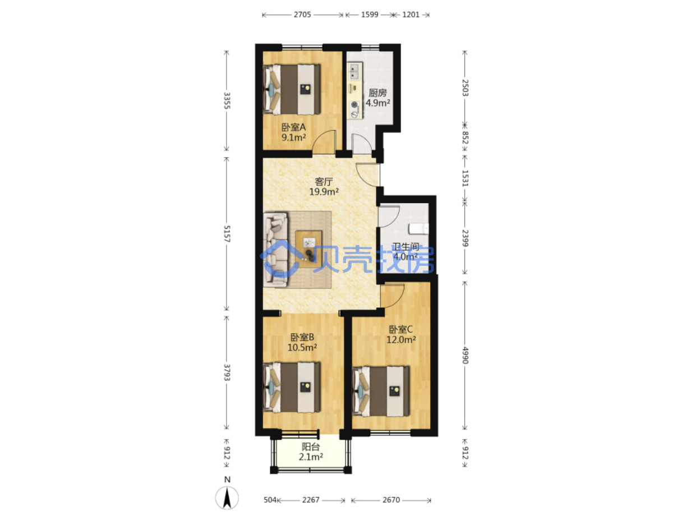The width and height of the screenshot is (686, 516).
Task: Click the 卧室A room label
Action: click(x=293, y=127)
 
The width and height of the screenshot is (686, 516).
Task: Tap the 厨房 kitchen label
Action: click(x=377, y=93)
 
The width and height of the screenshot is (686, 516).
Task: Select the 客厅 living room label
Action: click(x=324, y=182)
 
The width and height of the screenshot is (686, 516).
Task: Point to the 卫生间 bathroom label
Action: click(x=406, y=246)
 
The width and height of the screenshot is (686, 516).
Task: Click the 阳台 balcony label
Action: click(x=310, y=446)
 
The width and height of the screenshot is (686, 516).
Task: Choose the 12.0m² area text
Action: click(x=401, y=340)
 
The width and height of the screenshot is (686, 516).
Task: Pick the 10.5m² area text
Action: click(x=302, y=347)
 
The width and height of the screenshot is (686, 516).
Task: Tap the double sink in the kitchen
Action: click(x=354, y=71)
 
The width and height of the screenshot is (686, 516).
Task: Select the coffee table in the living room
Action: click(x=309, y=249)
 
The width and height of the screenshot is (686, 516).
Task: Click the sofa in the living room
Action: click(x=275, y=249)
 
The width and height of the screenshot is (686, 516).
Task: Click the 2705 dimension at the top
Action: click(x=302, y=15)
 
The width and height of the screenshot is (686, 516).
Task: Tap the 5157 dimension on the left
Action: click(x=227, y=234)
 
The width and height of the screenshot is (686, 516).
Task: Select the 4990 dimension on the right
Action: click(x=465, y=355)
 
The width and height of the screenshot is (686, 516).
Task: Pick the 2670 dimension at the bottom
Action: click(x=391, y=500)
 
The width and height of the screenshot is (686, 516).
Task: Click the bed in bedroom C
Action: click(x=381, y=391)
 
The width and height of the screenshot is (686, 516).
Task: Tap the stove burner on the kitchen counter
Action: click(x=354, y=105)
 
